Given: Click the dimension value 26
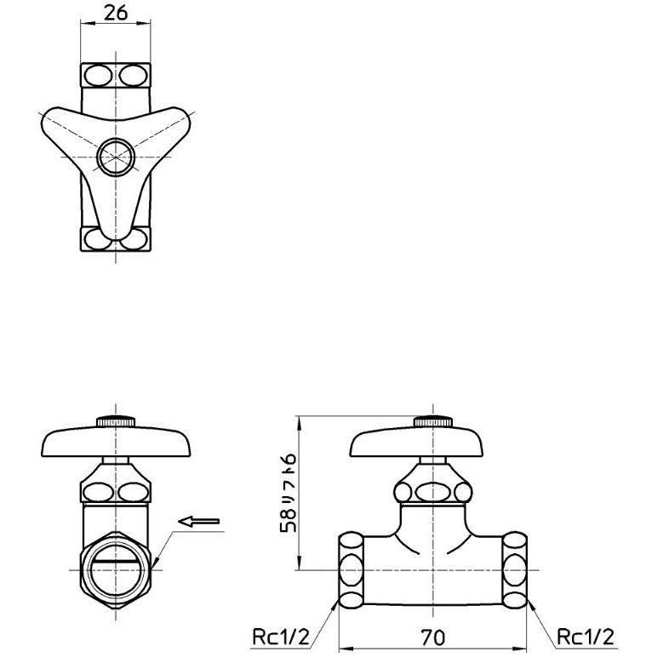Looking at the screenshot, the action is click(x=116, y=13).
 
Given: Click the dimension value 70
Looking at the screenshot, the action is click(x=432, y=637).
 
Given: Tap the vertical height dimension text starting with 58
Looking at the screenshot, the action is click(x=289, y=493).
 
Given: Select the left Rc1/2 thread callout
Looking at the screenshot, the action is click(x=281, y=636).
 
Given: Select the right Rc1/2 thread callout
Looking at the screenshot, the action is click(x=586, y=636).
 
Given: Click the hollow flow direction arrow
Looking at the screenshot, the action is click(x=199, y=521).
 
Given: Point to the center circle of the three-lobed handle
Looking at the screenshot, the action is click(x=116, y=157).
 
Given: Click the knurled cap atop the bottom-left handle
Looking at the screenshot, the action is click(x=116, y=421).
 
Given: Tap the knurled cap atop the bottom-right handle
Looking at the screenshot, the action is click(x=433, y=421).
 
